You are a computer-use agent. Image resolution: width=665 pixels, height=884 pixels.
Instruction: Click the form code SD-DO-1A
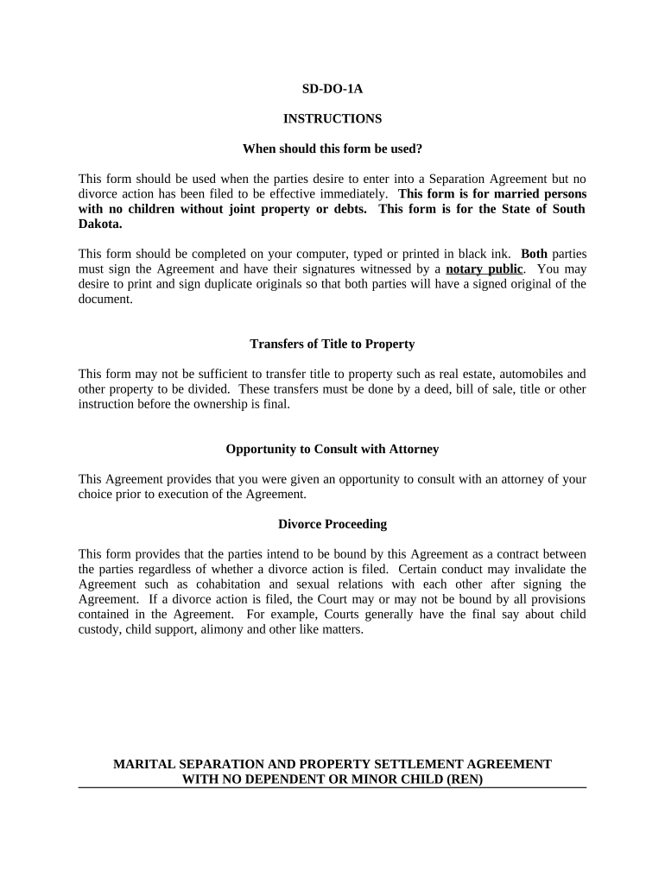tap(332, 88)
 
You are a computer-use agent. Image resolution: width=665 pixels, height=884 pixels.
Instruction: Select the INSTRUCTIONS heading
tap(332, 118)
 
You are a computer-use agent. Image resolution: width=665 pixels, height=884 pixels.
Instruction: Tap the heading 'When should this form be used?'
tap(332, 148)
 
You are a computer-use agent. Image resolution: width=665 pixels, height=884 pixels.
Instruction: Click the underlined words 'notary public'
tap(484, 269)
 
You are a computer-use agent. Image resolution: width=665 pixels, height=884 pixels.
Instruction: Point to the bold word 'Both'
tap(534, 254)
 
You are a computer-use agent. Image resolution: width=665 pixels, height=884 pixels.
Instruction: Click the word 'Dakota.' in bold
tap(100, 224)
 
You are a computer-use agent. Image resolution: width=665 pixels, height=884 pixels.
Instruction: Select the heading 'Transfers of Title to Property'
tap(332, 344)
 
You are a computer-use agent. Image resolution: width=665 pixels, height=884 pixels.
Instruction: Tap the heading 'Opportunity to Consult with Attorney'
tap(332, 449)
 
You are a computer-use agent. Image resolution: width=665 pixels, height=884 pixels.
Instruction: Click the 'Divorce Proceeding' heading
tap(332, 524)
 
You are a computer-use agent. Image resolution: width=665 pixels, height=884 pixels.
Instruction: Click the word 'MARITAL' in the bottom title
tap(142, 764)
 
